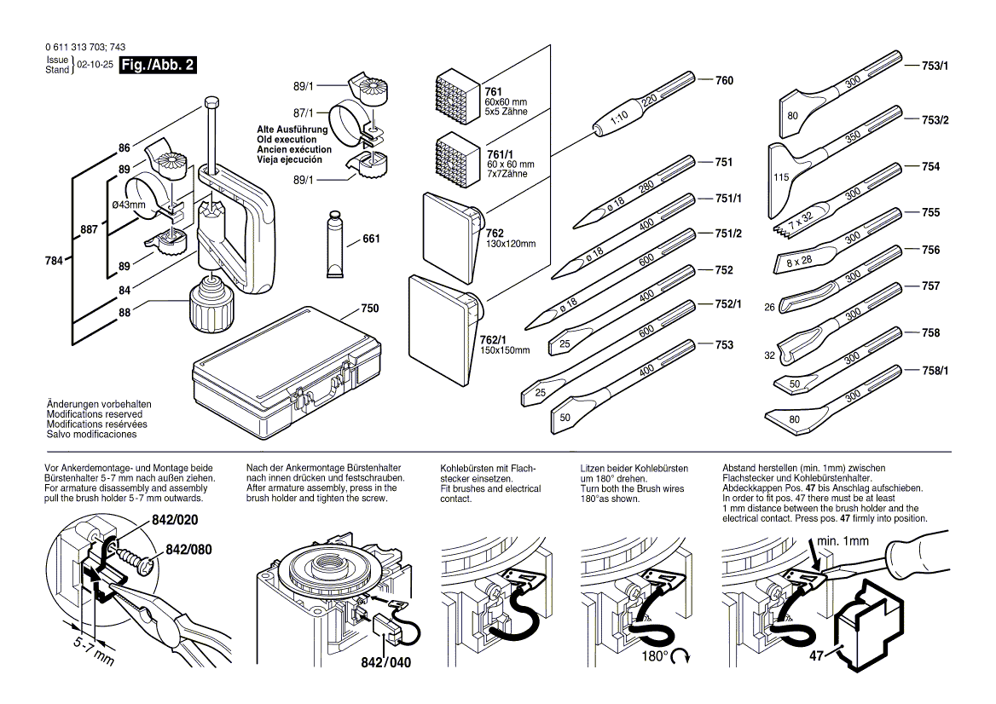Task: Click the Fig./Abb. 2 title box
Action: click(x=158, y=65)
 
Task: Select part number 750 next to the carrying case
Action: click(x=369, y=308)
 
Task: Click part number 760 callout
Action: click(x=723, y=81)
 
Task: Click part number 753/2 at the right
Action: click(x=935, y=120)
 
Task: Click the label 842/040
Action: click(x=391, y=663)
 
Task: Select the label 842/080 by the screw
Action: click(x=188, y=550)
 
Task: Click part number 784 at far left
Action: click(x=54, y=261)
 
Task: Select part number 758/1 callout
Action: click(x=935, y=371)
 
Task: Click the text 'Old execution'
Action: click(x=290, y=139)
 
